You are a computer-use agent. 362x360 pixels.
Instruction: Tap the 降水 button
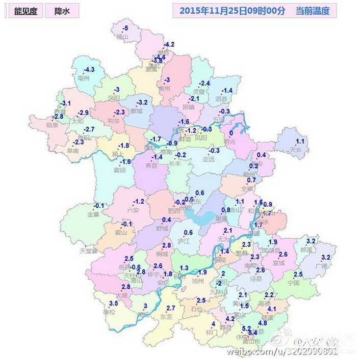coord(62,11)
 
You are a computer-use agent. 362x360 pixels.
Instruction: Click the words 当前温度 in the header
coord(313,11)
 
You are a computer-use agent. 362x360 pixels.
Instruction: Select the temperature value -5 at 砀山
coord(125,27)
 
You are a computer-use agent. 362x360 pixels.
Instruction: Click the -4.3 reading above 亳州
coord(89,70)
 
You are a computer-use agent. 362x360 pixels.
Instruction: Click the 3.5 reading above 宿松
coord(113,303)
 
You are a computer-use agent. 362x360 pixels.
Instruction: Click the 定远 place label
coord(209,159)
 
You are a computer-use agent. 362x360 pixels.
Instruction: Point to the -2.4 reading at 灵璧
coord(204,84)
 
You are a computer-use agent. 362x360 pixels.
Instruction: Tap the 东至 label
coord(166,316)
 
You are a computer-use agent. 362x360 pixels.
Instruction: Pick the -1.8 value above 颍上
coord(124,146)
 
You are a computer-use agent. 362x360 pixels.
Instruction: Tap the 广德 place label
coord(321,266)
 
